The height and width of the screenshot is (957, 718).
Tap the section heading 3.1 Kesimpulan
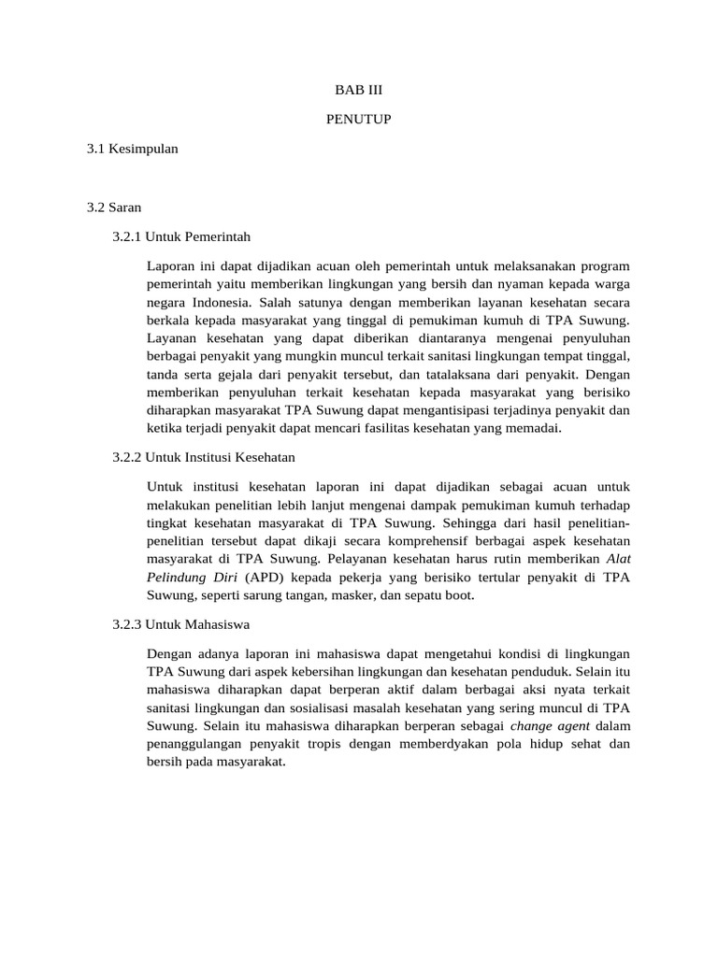(x=132, y=148)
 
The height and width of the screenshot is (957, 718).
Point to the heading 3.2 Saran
(x=113, y=206)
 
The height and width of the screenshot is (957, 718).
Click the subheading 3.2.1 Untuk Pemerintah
(x=181, y=236)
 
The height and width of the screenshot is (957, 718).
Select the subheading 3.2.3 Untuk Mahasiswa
(x=181, y=623)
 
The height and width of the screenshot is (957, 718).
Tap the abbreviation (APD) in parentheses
(x=266, y=577)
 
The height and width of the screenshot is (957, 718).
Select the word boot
(x=460, y=594)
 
